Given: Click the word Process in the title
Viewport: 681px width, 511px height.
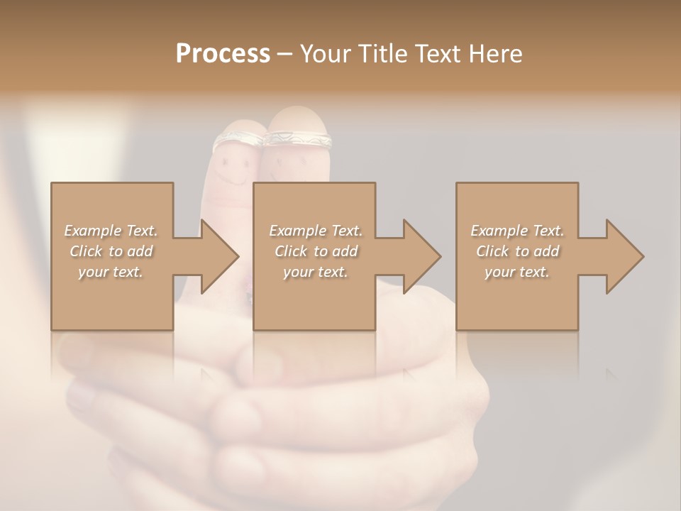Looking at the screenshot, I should (x=223, y=54).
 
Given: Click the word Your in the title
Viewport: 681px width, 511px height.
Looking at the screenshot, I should (x=323, y=54).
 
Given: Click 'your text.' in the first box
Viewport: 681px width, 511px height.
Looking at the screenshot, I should (x=111, y=272).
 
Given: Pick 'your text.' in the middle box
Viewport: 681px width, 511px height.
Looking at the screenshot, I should (x=315, y=272).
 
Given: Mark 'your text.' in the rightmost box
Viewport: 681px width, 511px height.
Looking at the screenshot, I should (x=516, y=272).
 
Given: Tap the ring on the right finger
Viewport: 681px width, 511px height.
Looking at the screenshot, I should (x=298, y=139).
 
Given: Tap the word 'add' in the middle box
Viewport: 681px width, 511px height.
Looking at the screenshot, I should (x=344, y=251).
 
